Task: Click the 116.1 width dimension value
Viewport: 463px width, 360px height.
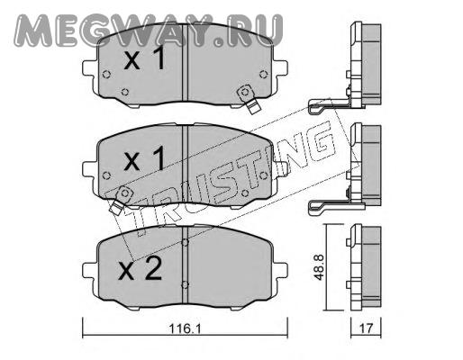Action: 185,328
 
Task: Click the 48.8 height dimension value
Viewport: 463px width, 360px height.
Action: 319,267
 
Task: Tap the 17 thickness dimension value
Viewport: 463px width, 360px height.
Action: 366,328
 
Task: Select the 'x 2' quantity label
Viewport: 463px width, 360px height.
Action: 141,269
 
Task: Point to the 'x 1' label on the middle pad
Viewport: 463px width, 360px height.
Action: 145,158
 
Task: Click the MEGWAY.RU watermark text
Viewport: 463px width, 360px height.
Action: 149,31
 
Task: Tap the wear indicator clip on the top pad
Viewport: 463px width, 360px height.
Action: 249,99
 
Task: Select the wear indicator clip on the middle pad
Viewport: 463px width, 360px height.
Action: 121,200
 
